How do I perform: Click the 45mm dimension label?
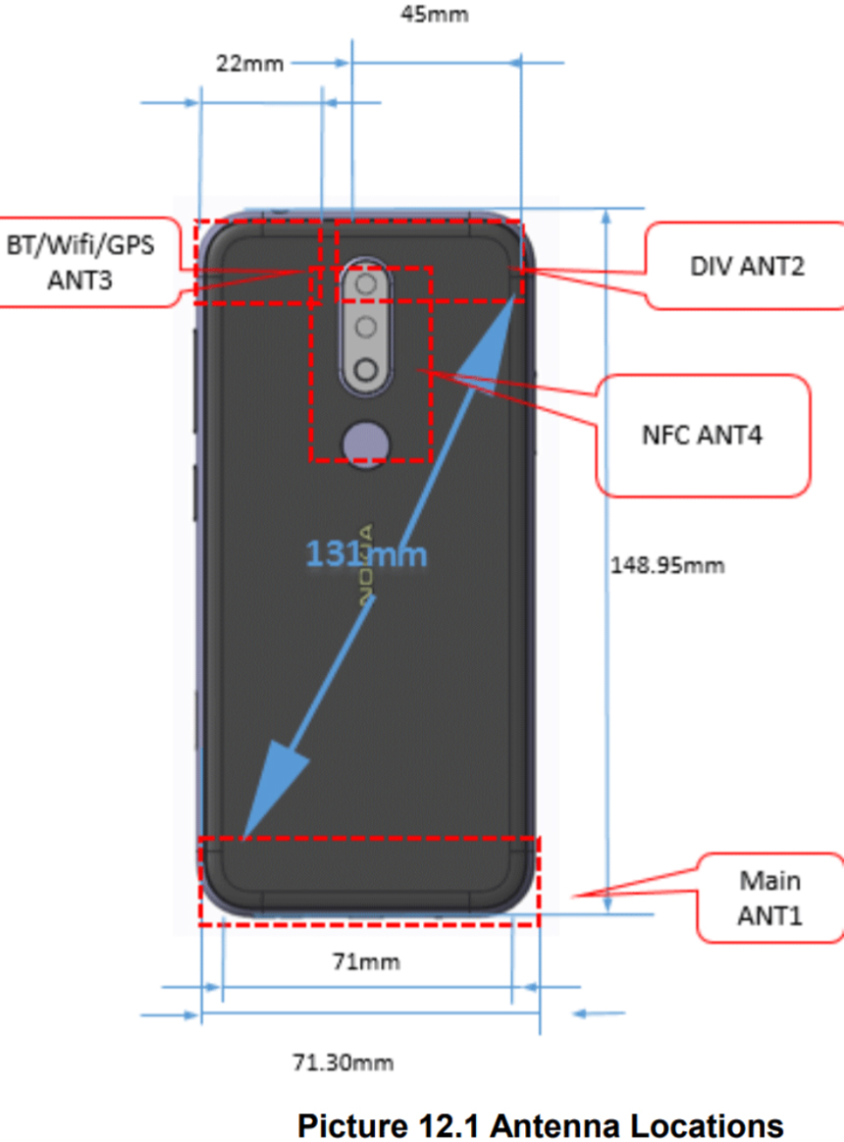(x=435, y=15)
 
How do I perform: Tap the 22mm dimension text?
(x=249, y=64)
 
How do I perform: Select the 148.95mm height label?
(x=667, y=565)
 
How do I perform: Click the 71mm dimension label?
(x=365, y=961)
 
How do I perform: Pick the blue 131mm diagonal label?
(x=366, y=555)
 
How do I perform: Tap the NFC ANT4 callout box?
(x=704, y=435)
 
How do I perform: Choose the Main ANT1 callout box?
(x=769, y=898)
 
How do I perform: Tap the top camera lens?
(x=365, y=285)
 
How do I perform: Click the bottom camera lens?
(x=365, y=371)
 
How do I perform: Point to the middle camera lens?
(x=365, y=328)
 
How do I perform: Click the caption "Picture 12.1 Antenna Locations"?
(x=541, y=1124)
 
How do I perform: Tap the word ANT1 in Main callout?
(x=769, y=915)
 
